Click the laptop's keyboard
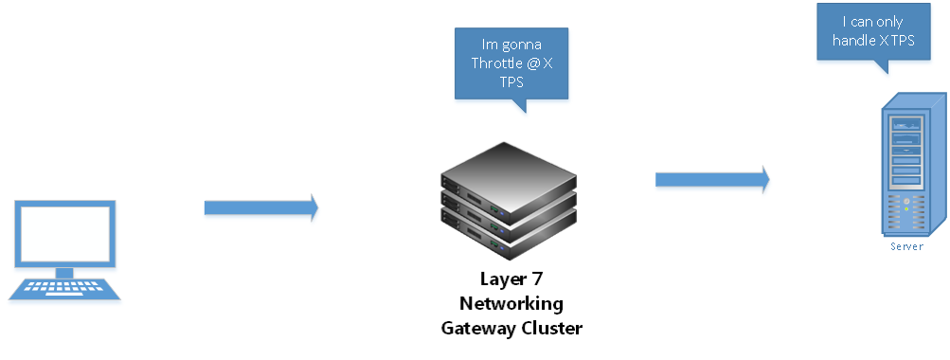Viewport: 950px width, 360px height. coord(64,287)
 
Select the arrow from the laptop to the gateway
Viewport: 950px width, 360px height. coord(260,207)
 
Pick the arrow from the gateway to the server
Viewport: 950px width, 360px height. coord(711,178)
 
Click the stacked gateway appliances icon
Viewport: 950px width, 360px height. coord(508,204)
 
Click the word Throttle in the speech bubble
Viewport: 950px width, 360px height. coord(497,63)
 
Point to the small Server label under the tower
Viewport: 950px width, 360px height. coord(905,246)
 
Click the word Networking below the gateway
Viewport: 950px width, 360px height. coord(511,304)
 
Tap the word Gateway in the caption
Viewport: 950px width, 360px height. coord(477,328)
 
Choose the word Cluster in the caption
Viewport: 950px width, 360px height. coord(549,328)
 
